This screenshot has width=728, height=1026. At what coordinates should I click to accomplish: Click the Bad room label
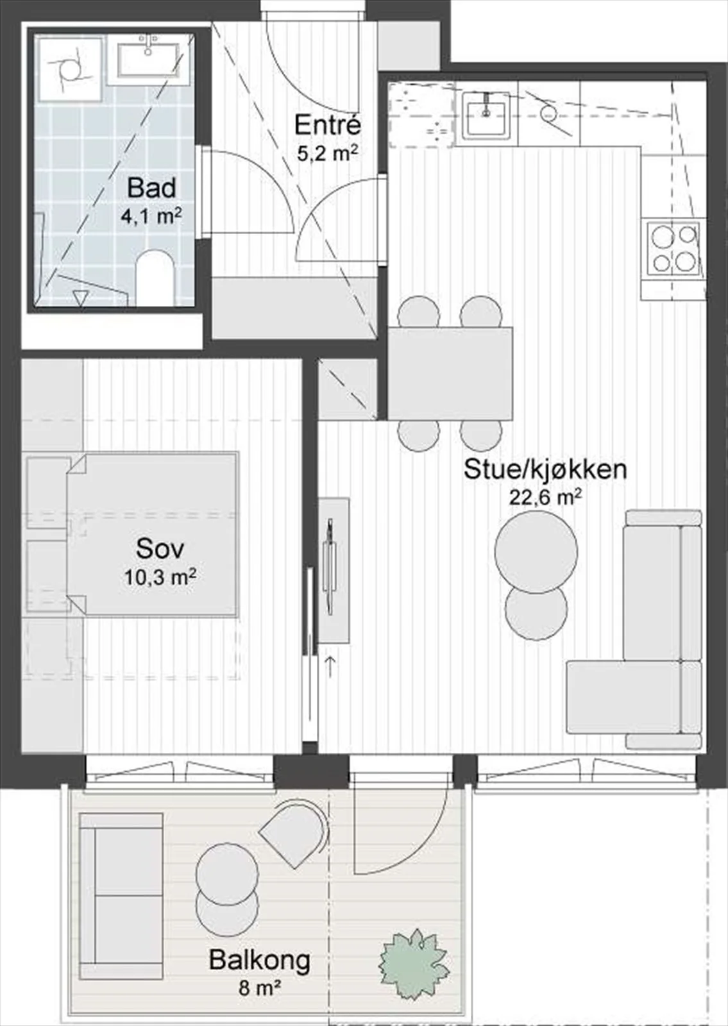coord(151,189)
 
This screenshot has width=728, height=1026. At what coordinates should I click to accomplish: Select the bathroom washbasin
coord(148,58)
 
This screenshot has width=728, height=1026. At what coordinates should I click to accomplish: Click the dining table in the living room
coord(450,373)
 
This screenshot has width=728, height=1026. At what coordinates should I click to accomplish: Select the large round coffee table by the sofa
coord(536,550)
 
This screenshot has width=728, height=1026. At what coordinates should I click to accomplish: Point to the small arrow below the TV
coord(329,666)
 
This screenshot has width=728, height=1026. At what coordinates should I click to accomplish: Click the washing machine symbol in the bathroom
coord(70,70)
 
